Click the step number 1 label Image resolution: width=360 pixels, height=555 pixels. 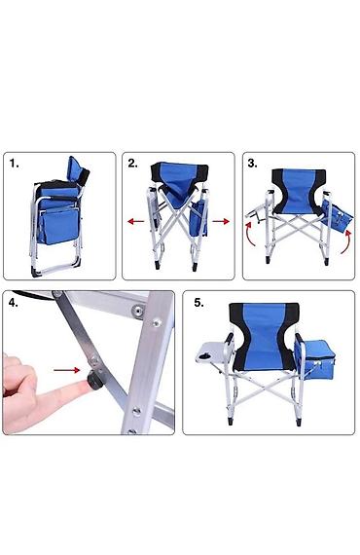click(x=15, y=164)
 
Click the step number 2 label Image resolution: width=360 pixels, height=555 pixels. click(x=133, y=164)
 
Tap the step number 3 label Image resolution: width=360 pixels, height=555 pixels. click(x=253, y=164)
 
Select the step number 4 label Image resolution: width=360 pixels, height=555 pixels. click(x=14, y=304)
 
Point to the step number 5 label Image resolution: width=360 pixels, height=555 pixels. click(x=199, y=303)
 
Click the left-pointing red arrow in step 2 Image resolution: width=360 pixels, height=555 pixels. click(x=136, y=222)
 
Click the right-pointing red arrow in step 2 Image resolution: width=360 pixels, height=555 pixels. click(x=221, y=222)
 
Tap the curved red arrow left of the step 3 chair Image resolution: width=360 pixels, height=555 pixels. click(x=250, y=234)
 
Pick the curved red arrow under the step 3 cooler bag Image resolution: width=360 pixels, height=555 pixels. click(x=347, y=242)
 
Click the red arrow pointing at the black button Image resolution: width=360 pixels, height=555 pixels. click(x=67, y=370)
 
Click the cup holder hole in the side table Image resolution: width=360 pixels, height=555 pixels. click(x=204, y=355)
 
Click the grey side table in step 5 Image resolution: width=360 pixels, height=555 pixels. click(x=211, y=352)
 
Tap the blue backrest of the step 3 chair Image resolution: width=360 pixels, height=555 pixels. click(x=298, y=191)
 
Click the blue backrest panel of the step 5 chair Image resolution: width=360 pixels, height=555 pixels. click(x=265, y=335)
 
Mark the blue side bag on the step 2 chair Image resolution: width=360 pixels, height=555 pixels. click(x=198, y=218)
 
